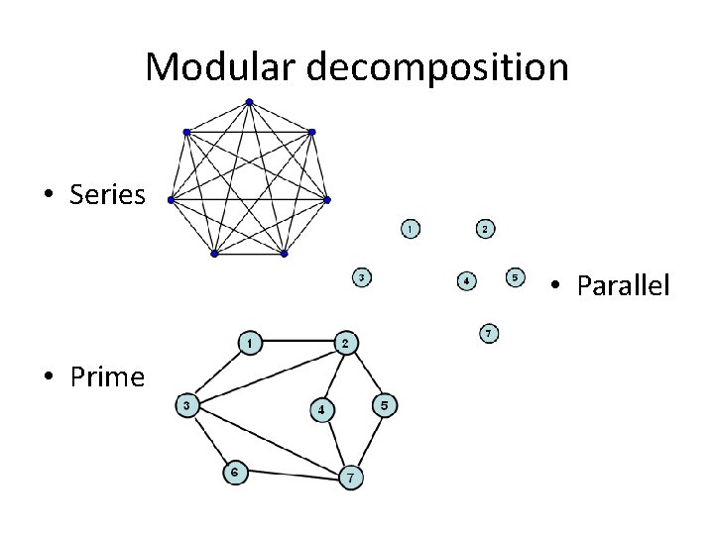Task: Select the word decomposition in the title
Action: [438, 67]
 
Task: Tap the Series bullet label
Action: [107, 194]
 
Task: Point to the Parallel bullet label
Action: [623, 286]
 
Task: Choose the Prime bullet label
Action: [107, 376]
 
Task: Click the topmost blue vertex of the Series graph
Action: [249, 101]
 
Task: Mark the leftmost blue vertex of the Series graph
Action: [171, 200]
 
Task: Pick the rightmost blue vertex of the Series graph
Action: [327, 199]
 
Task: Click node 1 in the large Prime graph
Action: [251, 343]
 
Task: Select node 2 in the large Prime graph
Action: [344, 343]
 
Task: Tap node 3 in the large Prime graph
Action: [187, 405]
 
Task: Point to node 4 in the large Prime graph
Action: [321, 409]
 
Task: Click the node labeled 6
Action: [234, 473]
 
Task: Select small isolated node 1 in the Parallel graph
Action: [410, 229]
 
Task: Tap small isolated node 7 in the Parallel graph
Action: [489, 333]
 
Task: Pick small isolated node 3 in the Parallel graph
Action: [364, 278]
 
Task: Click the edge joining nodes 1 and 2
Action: [297, 343]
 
